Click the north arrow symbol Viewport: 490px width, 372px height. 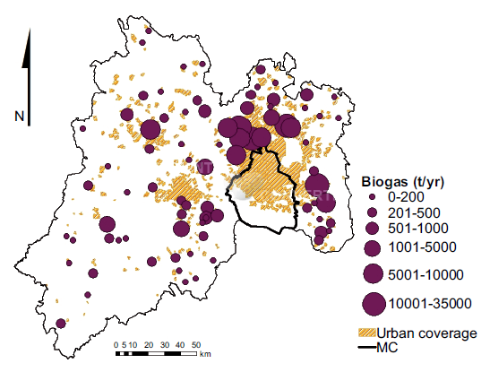[x=28, y=67]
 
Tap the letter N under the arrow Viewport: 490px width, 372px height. [x=19, y=116]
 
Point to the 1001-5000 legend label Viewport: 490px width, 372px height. [x=418, y=247]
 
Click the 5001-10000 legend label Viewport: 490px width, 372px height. [x=422, y=273]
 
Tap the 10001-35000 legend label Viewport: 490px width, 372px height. [x=426, y=304]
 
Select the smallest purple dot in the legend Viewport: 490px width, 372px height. [x=374, y=196]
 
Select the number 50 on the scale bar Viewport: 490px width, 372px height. [x=195, y=344]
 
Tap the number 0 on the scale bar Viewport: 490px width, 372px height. [x=116, y=344]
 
